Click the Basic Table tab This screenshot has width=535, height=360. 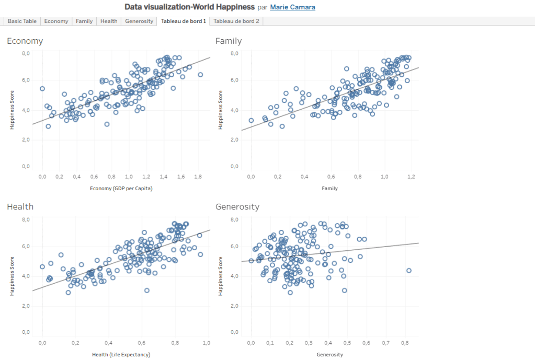(22, 21)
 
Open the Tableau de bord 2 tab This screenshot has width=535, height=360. (236, 21)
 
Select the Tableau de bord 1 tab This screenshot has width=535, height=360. (184, 21)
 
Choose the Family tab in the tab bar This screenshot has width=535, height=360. (84, 21)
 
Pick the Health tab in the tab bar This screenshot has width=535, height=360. (109, 21)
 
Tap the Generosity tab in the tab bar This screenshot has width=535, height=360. (139, 21)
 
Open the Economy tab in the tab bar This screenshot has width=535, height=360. (56, 21)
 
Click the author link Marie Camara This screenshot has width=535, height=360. (292, 7)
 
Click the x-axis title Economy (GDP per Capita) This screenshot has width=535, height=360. (121, 188)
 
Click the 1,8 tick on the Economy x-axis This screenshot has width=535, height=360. (198, 177)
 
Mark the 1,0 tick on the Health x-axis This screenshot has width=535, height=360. (206, 343)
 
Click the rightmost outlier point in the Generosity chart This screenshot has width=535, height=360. (409, 270)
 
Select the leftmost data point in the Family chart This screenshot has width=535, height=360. (251, 120)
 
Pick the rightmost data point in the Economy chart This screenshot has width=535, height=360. (200, 75)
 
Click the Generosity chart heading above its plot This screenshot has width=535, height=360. (237, 206)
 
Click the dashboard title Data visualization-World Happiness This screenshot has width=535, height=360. (189, 7)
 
